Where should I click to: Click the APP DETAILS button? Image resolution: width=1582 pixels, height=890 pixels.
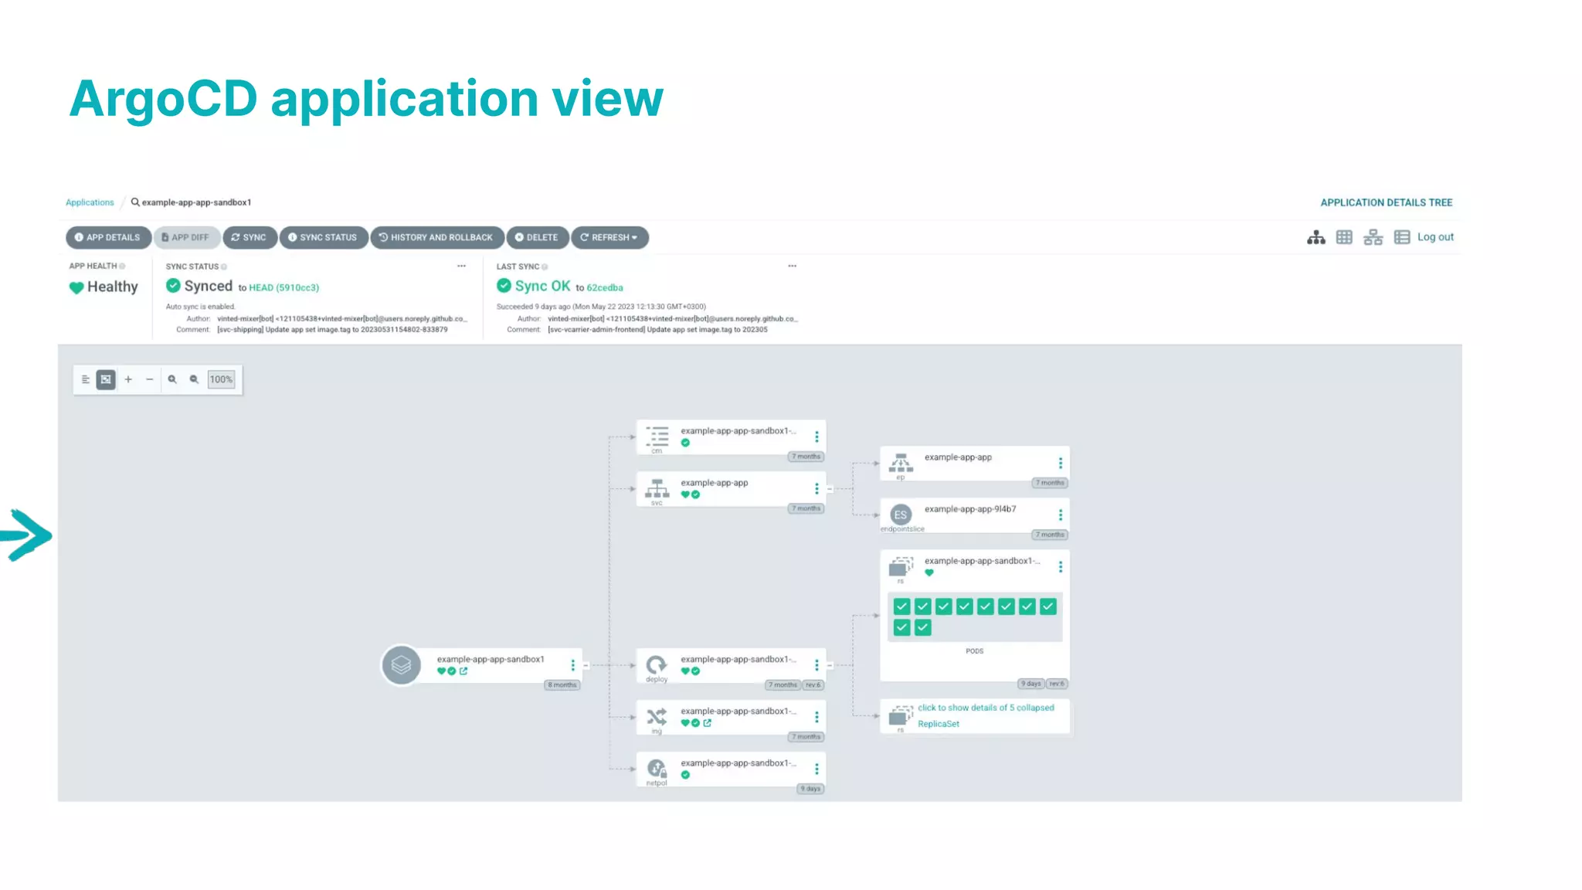point(108,237)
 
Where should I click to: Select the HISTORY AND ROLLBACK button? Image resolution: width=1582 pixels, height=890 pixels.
point(437,237)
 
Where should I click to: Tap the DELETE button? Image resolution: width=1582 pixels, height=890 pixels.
point(537,237)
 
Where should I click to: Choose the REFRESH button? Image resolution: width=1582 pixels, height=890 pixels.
point(609,237)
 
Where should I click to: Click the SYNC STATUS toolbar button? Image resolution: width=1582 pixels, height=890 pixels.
point(323,237)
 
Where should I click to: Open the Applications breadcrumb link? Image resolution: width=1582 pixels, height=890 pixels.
point(90,202)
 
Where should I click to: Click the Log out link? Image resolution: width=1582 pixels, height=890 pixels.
point(1434,237)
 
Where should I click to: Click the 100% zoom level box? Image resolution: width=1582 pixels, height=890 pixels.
point(221,379)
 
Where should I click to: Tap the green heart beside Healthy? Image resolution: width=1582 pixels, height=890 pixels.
point(76,287)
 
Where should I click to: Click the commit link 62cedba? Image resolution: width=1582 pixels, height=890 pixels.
point(604,287)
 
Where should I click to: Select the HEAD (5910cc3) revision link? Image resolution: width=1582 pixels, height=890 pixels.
point(283,287)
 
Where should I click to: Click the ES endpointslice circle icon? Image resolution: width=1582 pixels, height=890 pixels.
point(900,515)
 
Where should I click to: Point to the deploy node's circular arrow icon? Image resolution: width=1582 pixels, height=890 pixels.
point(657,664)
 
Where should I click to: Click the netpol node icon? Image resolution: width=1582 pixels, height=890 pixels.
point(657,769)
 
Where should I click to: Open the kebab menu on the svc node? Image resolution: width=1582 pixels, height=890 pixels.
point(816,488)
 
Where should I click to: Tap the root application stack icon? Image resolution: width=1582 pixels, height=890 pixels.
point(401,665)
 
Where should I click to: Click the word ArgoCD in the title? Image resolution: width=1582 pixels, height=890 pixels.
point(163,99)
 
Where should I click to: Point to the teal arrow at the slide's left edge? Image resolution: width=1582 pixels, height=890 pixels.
point(27,535)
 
